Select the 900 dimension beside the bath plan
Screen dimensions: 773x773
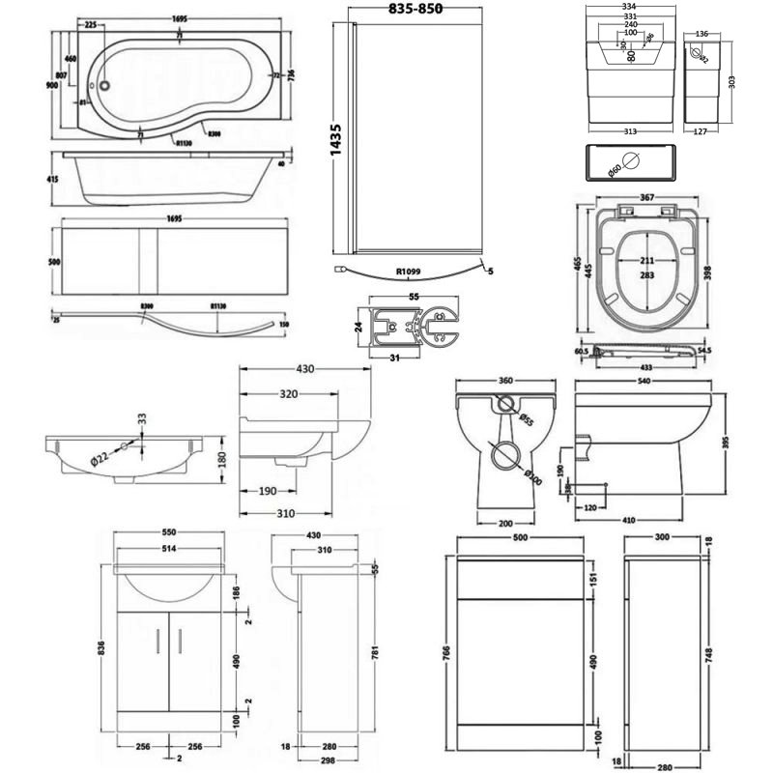[49, 85]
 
